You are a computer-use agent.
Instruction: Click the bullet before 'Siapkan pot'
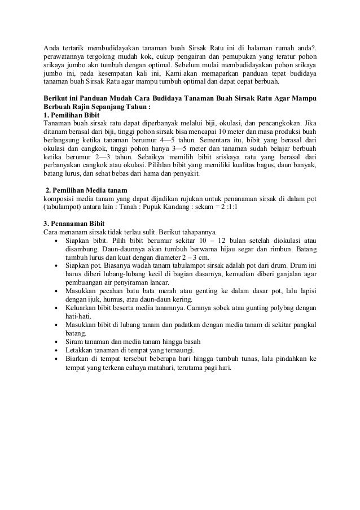click(x=56, y=265)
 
